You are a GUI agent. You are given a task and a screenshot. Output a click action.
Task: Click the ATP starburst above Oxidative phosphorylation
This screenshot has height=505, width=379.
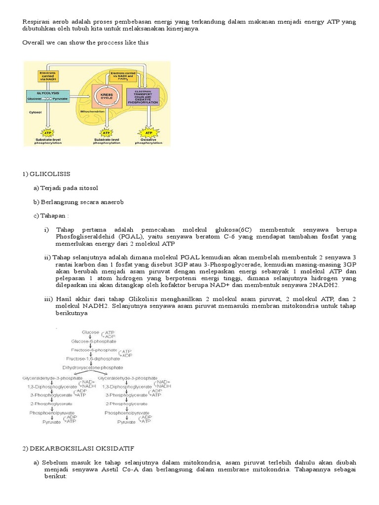coord(148,133)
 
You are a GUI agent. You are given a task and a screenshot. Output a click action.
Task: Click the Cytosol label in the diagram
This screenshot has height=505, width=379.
coord(34,112)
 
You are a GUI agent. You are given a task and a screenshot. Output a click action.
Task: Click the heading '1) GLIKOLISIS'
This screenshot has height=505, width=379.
coord(46,174)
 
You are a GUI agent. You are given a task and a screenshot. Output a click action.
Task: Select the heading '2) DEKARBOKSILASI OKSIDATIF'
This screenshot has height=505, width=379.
coord(78,448)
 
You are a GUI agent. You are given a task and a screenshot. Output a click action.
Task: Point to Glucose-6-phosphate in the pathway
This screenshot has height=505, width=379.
coord(94,341)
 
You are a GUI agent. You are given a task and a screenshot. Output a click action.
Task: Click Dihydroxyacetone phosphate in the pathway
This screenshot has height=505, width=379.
coord(99,367)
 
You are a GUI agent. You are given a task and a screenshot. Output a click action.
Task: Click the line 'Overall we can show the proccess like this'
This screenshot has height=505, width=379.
coord(85,43)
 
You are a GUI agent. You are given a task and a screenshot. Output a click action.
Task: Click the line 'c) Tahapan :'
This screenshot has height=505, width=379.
coord(51,216)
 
